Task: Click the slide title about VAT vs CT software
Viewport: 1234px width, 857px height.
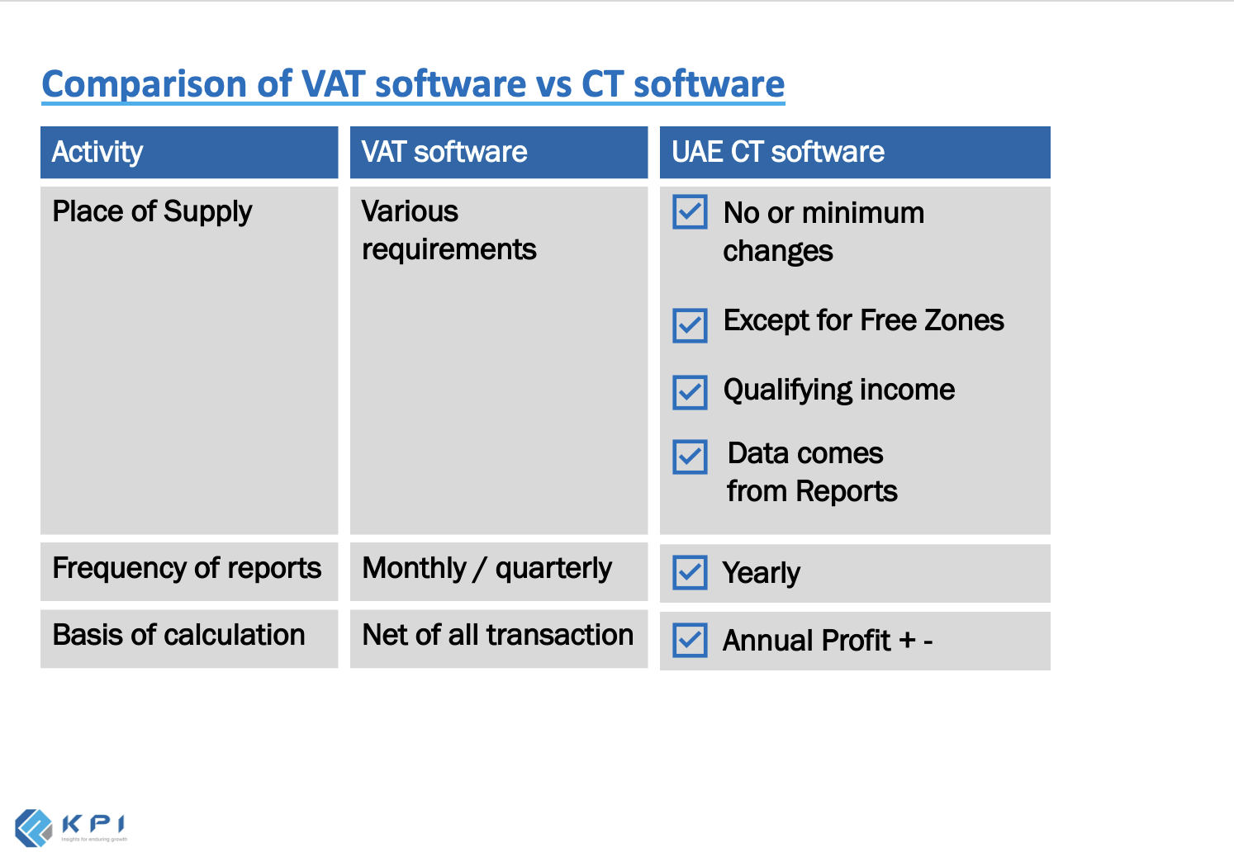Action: (413, 84)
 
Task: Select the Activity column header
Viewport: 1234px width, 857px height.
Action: (97, 152)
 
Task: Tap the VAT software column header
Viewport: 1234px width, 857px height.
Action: (444, 152)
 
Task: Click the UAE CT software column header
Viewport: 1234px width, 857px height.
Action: (778, 152)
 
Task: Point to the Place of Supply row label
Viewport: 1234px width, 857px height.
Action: (152, 212)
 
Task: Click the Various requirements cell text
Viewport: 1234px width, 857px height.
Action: (449, 230)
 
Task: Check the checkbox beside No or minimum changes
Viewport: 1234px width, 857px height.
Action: (690, 212)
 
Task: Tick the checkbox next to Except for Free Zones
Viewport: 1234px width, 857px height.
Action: (690, 325)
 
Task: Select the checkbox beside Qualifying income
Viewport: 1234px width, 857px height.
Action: (690, 392)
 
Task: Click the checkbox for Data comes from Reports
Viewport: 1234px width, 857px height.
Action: (690, 457)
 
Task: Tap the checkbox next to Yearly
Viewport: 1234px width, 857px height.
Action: (690, 572)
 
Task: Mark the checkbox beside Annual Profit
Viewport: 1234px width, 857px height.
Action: (690, 640)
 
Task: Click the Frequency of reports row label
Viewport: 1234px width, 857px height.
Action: (187, 568)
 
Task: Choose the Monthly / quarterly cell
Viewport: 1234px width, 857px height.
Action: (486, 568)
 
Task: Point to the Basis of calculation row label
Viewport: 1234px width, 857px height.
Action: (178, 635)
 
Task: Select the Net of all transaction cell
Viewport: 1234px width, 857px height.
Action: (497, 635)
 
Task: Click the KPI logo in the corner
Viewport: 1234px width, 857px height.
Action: (70, 827)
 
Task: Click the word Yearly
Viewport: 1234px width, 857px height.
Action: (761, 573)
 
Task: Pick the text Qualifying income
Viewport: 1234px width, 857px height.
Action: (838, 391)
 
